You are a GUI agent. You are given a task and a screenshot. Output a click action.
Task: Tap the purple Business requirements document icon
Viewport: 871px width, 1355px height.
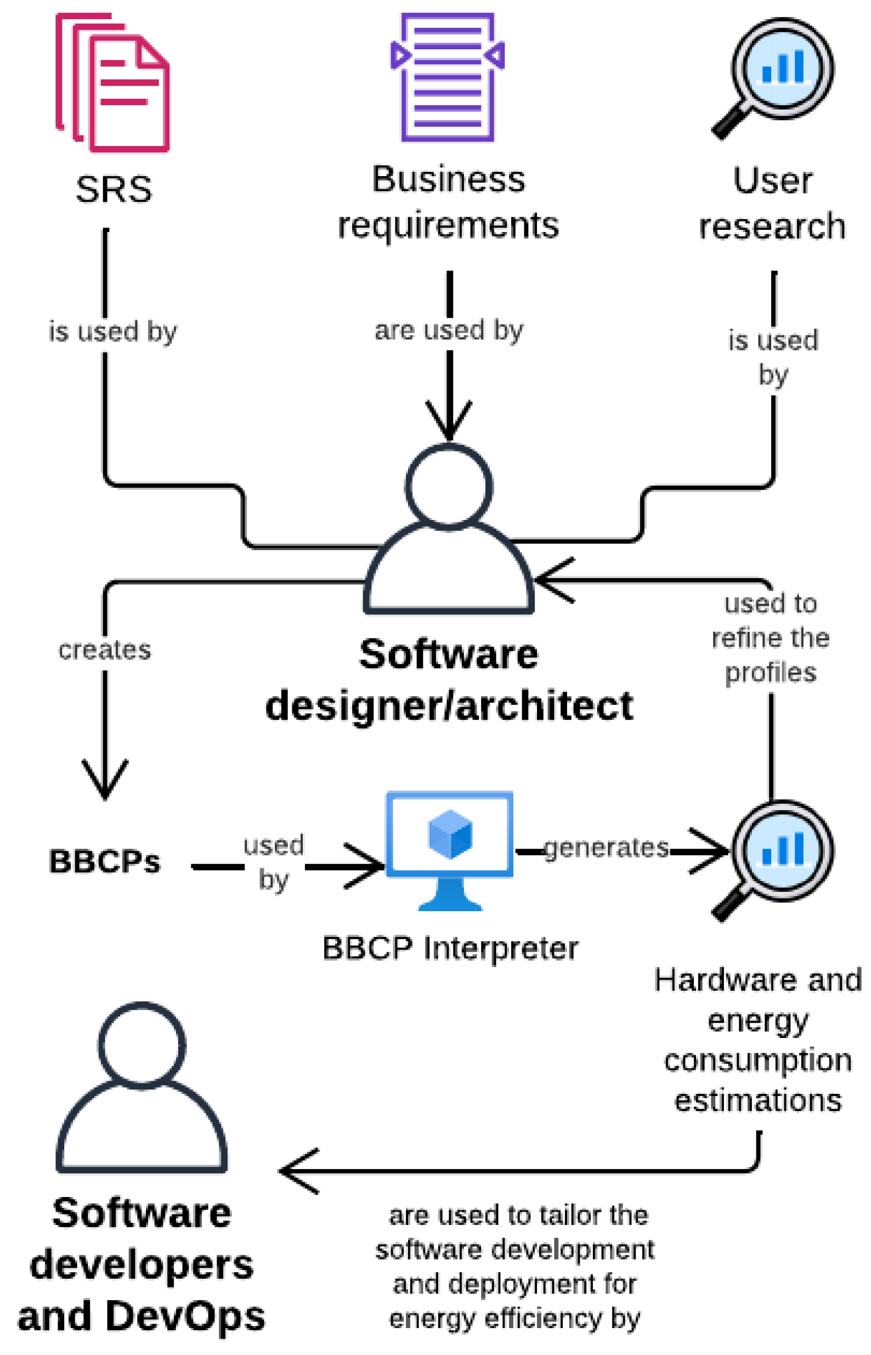448,77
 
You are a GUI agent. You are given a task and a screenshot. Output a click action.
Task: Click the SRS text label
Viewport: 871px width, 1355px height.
114,189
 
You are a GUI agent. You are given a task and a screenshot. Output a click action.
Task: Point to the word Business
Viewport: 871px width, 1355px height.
449,179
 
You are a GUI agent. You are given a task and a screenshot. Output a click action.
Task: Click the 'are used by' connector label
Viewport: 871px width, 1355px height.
449,330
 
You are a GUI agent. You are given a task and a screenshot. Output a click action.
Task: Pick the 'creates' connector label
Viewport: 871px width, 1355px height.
105,650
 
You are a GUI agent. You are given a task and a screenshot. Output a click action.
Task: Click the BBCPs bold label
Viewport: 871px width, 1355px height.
105,861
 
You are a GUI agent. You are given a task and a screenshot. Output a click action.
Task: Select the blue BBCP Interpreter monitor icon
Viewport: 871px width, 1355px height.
450,848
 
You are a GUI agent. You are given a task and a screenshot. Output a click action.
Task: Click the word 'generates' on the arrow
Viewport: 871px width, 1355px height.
606,848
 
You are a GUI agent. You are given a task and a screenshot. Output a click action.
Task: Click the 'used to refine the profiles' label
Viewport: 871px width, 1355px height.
770,638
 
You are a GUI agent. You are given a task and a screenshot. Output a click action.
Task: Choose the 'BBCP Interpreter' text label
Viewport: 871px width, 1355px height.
450,948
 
